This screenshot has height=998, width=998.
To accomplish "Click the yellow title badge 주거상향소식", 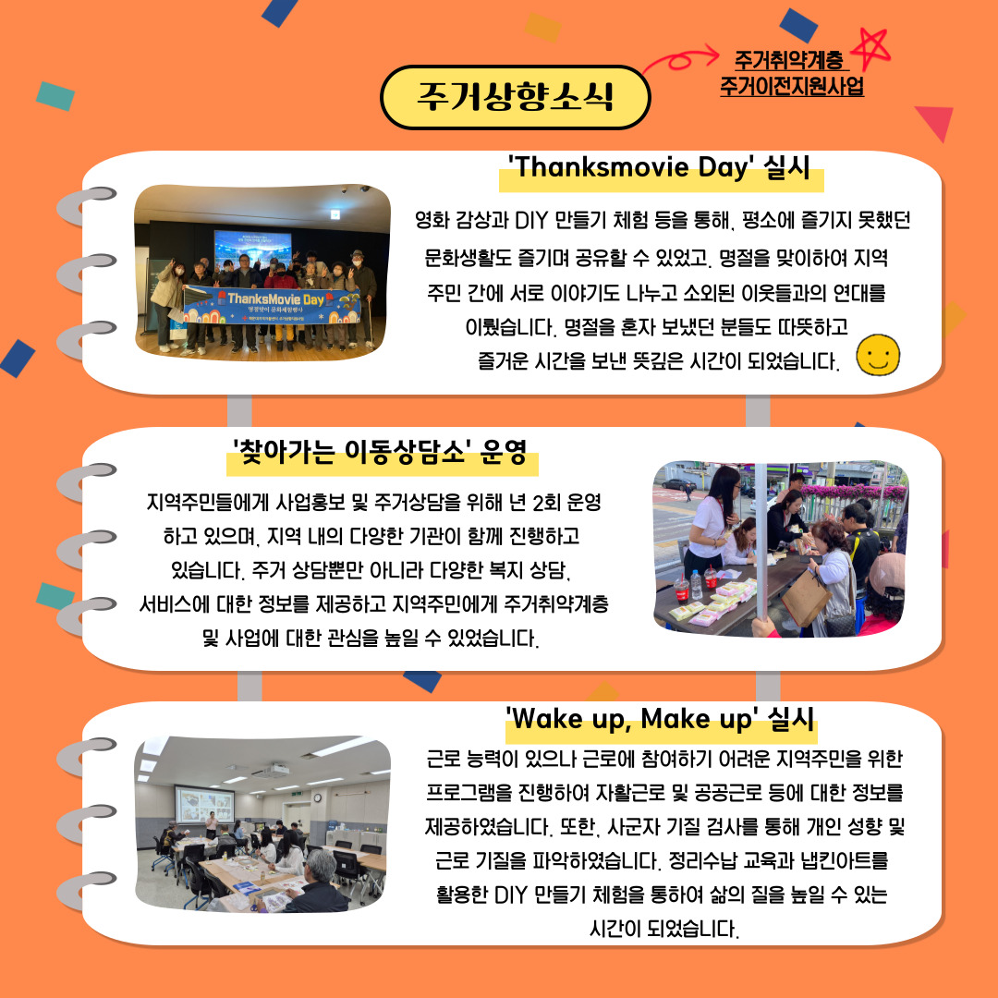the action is point(515,97).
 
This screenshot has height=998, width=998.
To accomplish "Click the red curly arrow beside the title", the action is point(680,60).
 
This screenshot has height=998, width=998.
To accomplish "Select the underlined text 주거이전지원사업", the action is point(792,86).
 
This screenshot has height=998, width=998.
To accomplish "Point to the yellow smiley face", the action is point(878,355).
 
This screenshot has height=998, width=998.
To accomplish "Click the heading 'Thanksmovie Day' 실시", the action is point(660,168).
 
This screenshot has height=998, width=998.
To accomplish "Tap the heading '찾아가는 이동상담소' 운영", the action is point(380,452).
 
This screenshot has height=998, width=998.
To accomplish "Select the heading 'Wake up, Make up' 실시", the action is point(660,719).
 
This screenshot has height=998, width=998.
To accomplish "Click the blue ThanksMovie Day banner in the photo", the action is point(272,306).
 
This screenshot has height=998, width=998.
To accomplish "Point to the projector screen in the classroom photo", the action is point(204,805).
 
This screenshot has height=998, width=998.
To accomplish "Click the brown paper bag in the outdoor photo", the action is point(806,598).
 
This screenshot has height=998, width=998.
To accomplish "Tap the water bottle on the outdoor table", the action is point(697,585).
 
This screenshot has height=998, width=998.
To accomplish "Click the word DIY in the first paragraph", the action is point(530,221).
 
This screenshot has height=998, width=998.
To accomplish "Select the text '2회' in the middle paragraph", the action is point(546,503).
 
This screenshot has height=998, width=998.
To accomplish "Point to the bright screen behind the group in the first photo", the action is point(252,247).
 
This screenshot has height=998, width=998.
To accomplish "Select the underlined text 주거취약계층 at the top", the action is point(789,60).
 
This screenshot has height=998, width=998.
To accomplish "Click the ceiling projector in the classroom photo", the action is point(272,772).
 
